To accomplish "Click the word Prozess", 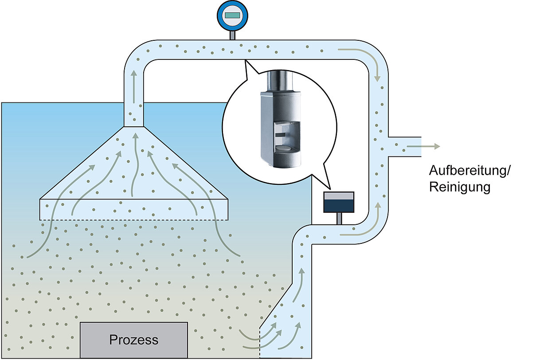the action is [x=133, y=340].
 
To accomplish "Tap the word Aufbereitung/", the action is [x=470, y=171].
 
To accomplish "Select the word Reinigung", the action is [x=459, y=188].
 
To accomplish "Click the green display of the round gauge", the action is [x=232, y=16].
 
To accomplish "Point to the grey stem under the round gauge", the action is [x=232, y=35].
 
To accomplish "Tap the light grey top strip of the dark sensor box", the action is [x=339, y=196].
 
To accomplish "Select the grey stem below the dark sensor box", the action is [x=339, y=219].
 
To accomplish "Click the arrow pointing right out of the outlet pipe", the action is [x=423, y=146].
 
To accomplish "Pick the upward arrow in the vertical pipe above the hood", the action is [x=134, y=87].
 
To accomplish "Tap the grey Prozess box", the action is [x=134, y=340].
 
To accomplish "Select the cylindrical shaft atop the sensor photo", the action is [x=280, y=81].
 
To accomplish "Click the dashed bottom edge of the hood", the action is [x=134, y=220].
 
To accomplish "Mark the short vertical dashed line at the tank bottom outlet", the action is [x=260, y=343].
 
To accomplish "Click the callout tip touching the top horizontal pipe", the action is [x=245, y=60].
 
